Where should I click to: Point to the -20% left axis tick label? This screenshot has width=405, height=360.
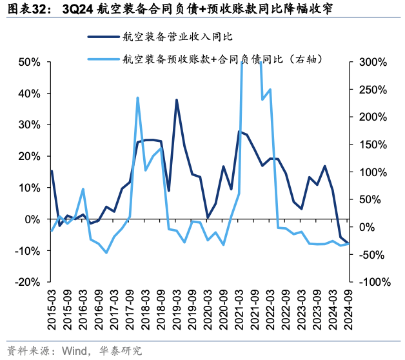[x=29, y=282]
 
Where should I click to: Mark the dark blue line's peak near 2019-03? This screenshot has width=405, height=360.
[x=177, y=99]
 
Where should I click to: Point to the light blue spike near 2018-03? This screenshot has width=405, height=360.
[x=137, y=97]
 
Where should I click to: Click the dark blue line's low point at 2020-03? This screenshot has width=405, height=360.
[x=208, y=217]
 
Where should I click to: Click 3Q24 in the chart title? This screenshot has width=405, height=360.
[x=76, y=9]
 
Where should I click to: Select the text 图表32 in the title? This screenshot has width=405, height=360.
[x=25, y=9]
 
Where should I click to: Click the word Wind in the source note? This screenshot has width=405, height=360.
[x=75, y=351]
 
